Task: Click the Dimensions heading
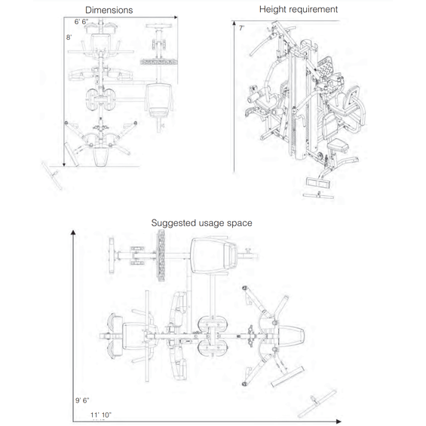109,10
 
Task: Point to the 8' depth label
69,36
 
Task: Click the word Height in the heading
274,9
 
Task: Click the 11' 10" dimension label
100,415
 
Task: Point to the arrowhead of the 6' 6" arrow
176,16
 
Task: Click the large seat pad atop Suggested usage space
210,253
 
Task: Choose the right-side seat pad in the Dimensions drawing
158,97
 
